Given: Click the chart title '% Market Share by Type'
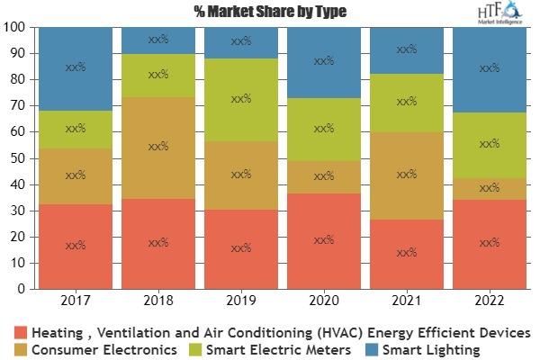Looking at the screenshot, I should (x=270, y=12).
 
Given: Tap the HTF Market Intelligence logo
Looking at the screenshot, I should (x=499, y=14).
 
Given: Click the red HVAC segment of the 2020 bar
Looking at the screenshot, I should (x=323, y=241).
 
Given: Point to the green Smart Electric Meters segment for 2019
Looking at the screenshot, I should (x=241, y=100).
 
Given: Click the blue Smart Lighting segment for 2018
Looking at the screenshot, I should (x=158, y=40).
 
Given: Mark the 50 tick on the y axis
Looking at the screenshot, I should (x=20, y=158).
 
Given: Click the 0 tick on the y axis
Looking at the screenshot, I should (x=23, y=290).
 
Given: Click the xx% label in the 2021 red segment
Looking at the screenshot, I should (x=406, y=252).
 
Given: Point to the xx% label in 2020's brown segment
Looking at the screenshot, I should (x=323, y=176).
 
